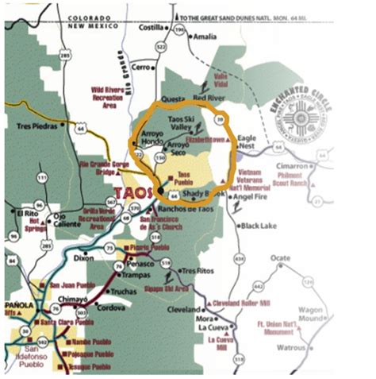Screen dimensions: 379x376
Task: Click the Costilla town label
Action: tap(152, 25)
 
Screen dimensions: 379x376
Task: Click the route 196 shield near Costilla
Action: tap(180, 31)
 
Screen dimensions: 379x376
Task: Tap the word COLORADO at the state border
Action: tap(89, 17)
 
